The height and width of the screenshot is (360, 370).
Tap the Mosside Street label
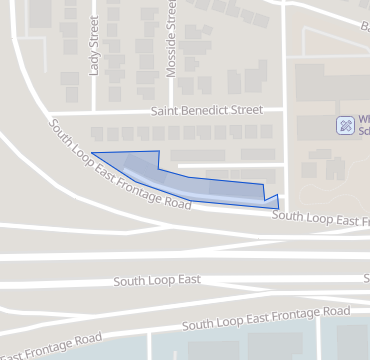[x=170, y=40]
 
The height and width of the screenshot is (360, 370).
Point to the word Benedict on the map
[x=207, y=110]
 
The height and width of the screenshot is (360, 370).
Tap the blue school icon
[x=344, y=125]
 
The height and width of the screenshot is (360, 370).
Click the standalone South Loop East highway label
[x=157, y=281]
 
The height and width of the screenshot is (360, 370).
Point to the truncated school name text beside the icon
[x=363, y=125]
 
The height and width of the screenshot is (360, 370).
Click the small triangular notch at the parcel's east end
[x=273, y=201]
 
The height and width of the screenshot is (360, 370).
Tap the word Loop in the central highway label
[x=160, y=281]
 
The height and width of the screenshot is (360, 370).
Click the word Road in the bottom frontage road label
[x=88, y=339]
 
